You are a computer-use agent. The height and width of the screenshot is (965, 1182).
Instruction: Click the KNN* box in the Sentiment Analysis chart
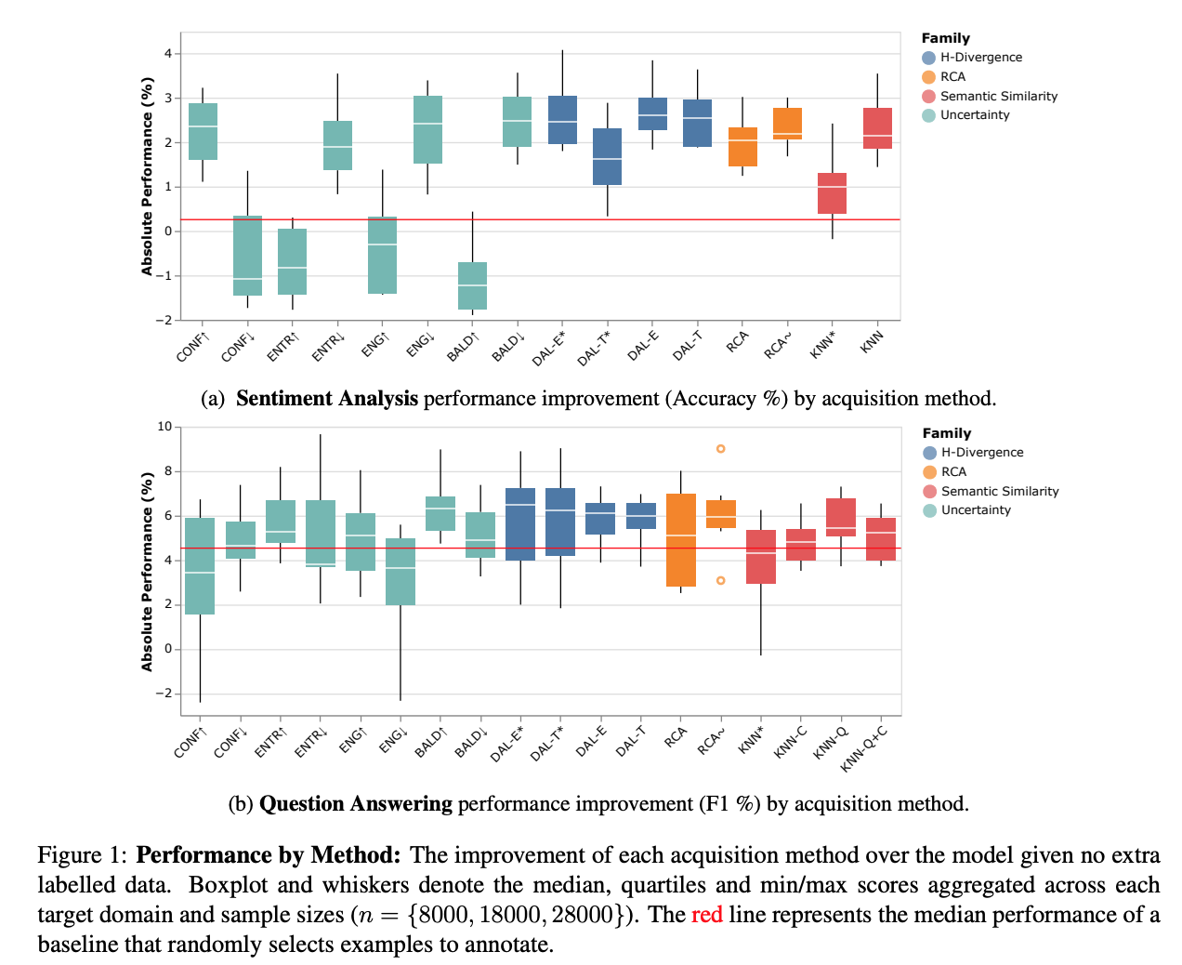832,193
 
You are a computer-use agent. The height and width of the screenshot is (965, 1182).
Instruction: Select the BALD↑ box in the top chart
472,285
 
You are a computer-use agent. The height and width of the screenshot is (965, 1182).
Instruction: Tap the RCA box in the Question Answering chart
681,540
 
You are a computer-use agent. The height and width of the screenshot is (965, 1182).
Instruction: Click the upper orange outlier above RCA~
720,449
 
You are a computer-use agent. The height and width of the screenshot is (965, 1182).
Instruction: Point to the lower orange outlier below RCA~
720,580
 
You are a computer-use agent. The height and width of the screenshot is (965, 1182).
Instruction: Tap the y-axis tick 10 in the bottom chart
164,427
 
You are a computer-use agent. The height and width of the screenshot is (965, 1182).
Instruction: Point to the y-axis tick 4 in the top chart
168,54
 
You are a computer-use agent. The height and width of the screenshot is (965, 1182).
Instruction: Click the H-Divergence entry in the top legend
980,58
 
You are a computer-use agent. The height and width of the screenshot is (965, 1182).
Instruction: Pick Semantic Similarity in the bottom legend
999,491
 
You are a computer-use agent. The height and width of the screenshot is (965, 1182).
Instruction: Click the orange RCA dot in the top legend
928,77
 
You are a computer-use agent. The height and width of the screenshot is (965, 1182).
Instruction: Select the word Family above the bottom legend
946,433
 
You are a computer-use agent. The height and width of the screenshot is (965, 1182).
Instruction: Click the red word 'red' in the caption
706,915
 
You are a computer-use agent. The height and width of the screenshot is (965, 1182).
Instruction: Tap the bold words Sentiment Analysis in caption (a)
327,399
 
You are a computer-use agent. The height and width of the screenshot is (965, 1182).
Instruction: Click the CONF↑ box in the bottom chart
200,566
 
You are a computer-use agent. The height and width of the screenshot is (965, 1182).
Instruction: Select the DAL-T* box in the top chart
607,156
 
